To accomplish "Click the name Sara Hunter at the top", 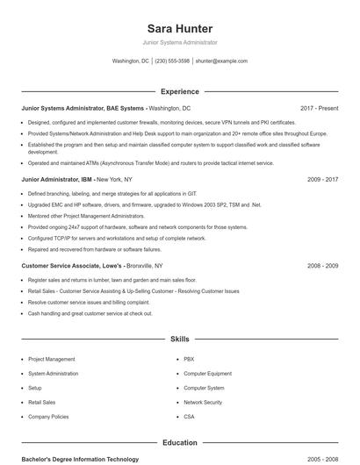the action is click(x=179, y=28).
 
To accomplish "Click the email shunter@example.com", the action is click(x=221, y=61).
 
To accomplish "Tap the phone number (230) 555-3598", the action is click(x=172, y=61).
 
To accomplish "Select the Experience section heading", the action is click(x=179, y=91).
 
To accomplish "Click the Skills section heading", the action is click(x=179, y=338).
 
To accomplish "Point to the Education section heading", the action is click(x=179, y=443).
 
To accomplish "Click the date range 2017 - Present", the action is click(x=319, y=108).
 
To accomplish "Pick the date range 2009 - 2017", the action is click(x=322, y=179).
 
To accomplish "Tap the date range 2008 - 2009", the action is click(x=322, y=265).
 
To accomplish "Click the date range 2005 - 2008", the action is click(x=322, y=459).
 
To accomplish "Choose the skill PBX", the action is click(x=189, y=359).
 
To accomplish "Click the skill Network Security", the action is click(x=203, y=402).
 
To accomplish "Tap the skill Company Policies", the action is click(x=47, y=416).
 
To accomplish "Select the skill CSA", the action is click(x=189, y=416).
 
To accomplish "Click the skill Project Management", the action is click(x=51, y=359).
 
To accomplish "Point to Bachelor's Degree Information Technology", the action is click(x=80, y=459).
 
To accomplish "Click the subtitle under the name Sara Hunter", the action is click(x=179, y=42).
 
